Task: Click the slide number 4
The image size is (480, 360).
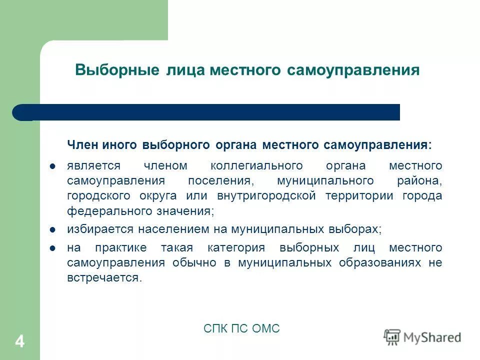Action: [19, 342]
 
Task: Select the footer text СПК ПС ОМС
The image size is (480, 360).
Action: [241, 328]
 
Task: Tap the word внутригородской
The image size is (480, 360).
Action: [266, 196]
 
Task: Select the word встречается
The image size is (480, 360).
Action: [103, 278]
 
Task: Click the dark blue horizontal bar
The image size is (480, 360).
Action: [210, 112]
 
